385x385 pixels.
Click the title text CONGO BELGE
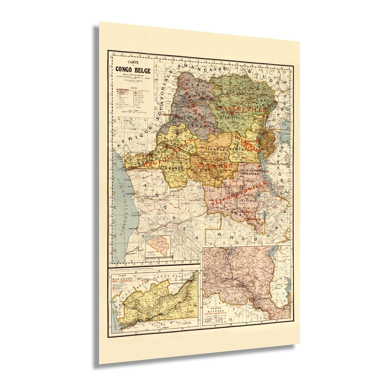tap(133, 70)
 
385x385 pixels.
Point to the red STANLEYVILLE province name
tap(240, 109)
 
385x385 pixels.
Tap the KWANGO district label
tap(174, 168)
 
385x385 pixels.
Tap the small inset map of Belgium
tap(158, 246)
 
